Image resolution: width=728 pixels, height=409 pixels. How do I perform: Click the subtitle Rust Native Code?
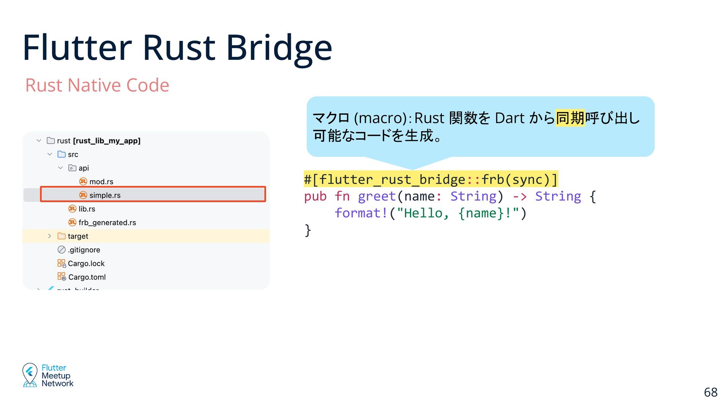pos(97,85)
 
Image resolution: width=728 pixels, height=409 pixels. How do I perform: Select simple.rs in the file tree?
pos(105,195)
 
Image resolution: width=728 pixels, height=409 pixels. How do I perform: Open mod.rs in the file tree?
pos(101,182)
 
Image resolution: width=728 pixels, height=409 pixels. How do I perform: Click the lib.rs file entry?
pos(86,209)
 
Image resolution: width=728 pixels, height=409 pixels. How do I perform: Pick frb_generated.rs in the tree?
pos(107,223)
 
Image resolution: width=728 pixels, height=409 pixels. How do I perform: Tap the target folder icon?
pos(61,236)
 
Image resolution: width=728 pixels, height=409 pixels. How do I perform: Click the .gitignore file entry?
pos(84,250)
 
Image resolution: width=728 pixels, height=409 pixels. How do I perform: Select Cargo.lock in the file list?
pos(86,264)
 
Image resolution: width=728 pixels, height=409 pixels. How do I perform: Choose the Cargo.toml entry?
pos(87,277)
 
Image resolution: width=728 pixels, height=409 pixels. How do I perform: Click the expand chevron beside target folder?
pos(49,236)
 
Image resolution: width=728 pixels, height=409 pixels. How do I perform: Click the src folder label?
pos(73,155)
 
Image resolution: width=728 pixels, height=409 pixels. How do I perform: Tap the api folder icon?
pos(72,168)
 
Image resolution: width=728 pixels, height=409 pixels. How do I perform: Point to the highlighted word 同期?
pos(570,118)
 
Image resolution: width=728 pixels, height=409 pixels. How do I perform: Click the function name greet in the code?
pos(377,196)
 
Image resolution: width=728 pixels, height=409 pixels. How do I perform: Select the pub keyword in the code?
pos(315,196)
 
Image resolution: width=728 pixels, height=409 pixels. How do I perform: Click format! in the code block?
pos(361,213)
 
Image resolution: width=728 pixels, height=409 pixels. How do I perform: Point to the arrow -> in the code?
pos(519,196)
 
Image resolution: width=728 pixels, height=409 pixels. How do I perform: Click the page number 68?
pos(711,392)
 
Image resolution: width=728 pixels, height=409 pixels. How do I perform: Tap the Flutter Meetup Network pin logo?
pos(30,375)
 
